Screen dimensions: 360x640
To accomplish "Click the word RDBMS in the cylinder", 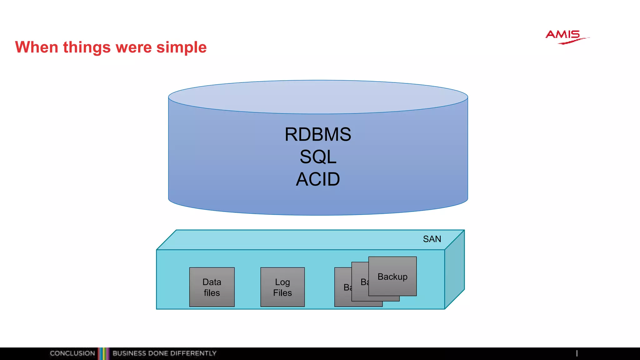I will [x=318, y=134].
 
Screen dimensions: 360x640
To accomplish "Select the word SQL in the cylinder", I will [x=318, y=157].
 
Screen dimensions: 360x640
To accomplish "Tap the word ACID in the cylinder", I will [x=318, y=179].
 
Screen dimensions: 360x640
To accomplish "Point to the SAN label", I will [x=432, y=239].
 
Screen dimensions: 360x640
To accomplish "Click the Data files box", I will [x=212, y=287].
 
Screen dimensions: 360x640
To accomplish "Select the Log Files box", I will [x=282, y=287].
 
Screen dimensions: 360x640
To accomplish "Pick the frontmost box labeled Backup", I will [x=392, y=276].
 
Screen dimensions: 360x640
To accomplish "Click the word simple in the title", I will [x=181, y=47].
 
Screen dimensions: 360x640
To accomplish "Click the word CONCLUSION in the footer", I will [x=72, y=353].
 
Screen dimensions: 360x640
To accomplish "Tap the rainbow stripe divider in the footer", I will [x=103, y=353].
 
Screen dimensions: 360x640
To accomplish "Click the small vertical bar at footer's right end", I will [x=577, y=353].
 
